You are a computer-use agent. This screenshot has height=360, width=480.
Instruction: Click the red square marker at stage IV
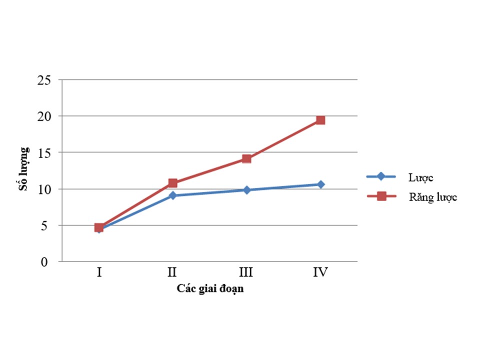(320, 120)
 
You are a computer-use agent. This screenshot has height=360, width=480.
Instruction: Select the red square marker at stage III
(246, 159)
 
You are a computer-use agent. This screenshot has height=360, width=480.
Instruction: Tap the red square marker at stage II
(172, 183)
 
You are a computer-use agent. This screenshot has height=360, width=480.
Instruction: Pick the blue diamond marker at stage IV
(320, 184)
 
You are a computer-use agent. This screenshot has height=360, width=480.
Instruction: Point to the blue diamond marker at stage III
(246, 190)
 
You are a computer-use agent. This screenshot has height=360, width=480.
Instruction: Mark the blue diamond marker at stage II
(172, 195)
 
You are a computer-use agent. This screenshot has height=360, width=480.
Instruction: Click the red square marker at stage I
(99, 227)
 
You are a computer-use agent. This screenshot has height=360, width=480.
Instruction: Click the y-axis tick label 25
(44, 80)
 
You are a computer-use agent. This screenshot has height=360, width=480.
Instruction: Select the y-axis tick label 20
(44, 116)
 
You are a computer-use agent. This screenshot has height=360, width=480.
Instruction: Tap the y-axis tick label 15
(44, 153)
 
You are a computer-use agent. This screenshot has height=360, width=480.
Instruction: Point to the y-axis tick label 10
(44, 189)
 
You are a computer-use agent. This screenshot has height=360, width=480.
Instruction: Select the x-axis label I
(99, 272)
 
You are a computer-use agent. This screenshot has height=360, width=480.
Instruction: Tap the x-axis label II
(172, 272)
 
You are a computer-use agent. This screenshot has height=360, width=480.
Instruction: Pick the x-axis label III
(246, 272)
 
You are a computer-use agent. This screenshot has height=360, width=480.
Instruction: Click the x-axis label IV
(320, 272)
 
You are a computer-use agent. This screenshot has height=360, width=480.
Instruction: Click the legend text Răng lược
(433, 197)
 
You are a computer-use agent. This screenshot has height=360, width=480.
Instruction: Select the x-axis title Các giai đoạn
(210, 289)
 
